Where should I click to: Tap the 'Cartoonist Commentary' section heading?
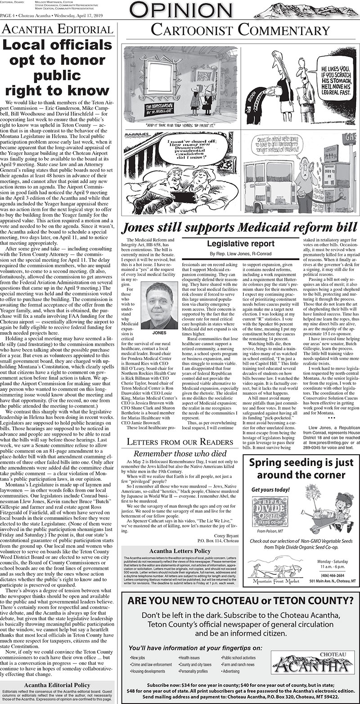(240, 31)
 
